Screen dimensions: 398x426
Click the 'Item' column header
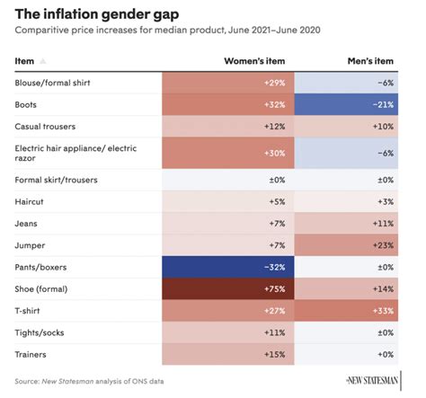(x=25, y=61)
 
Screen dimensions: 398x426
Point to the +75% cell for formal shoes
(x=228, y=290)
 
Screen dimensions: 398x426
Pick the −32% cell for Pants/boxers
(x=228, y=267)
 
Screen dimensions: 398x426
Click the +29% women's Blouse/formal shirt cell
(x=228, y=83)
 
